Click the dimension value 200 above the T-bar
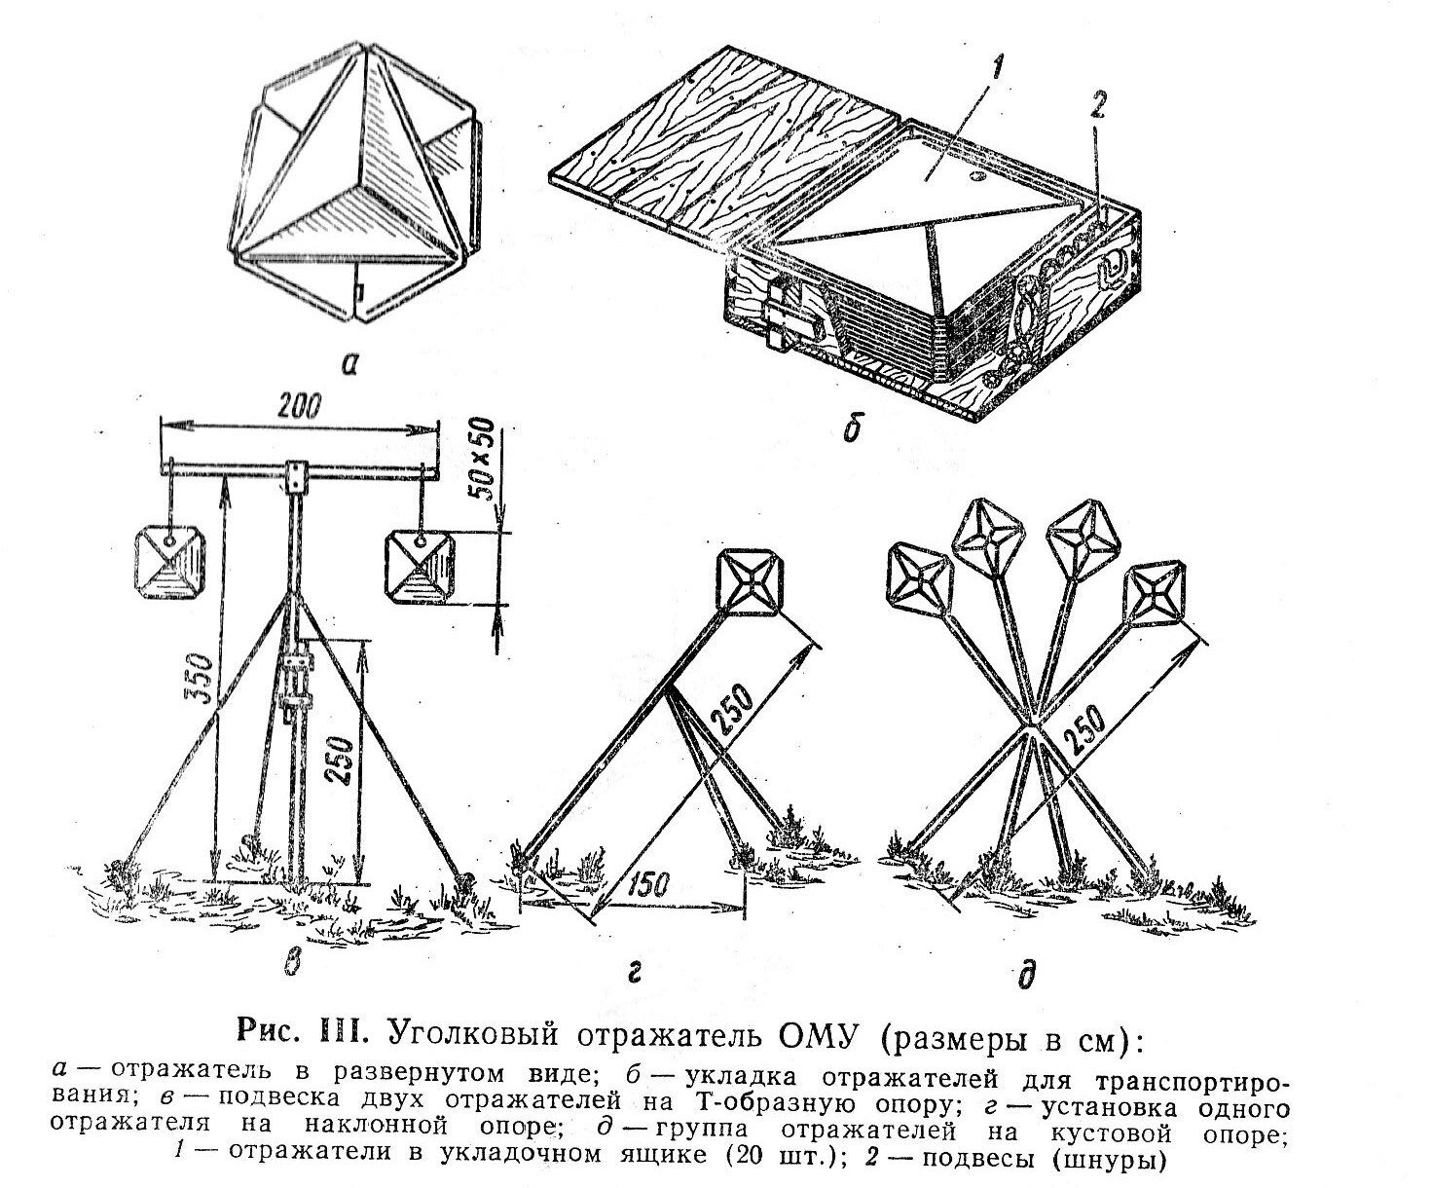pos(299,408)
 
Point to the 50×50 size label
pos(484,460)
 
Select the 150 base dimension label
pos(647,885)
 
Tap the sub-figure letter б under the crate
pos(852,429)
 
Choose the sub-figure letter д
pos(1027,974)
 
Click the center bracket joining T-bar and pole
pos(295,477)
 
